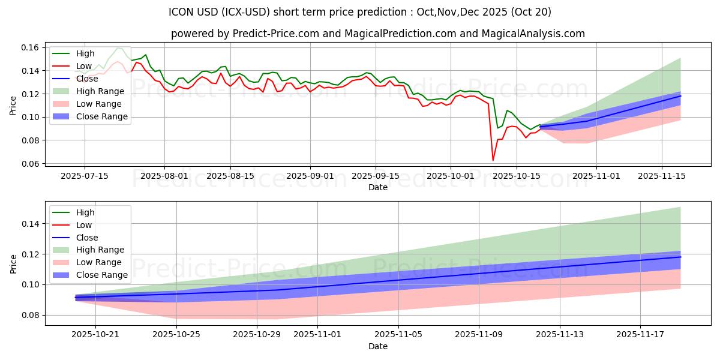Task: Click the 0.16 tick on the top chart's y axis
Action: [x=31, y=47]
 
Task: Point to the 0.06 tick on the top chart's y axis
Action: [x=31, y=164]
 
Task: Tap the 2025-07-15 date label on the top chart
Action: [x=84, y=176]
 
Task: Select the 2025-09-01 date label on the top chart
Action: [x=310, y=176]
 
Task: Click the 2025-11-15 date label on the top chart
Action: [x=661, y=176]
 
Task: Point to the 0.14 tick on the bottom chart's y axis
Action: [x=31, y=224]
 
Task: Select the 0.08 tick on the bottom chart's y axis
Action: [x=31, y=315]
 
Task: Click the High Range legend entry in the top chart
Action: [x=100, y=91]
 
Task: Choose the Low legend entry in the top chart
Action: [x=84, y=66]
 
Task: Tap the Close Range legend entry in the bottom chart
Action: [x=101, y=275]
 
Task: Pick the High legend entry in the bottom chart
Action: [x=85, y=212]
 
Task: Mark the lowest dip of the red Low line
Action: [x=493, y=160]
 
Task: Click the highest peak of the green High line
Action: [x=118, y=48]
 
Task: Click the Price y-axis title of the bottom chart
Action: [x=14, y=263]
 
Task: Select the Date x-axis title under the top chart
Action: [x=378, y=187]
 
